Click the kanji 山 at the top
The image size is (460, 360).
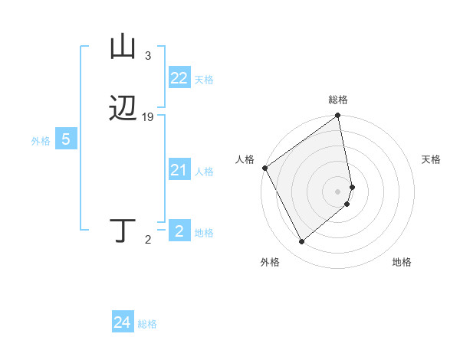coord(123,47)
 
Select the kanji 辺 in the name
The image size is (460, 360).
coord(123,110)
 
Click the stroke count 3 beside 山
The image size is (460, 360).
coord(148,56)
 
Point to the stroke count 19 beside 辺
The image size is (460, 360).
coord(148,117)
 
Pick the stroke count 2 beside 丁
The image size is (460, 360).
coord(148,241)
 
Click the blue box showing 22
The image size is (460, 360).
coord(179,78)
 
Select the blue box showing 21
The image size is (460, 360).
coord(179,171)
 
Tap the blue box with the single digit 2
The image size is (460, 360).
coord(179,231)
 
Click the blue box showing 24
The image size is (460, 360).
coord(122,323)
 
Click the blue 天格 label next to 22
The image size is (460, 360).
coord(204,80)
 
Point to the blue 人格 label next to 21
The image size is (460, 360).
coord(204,172)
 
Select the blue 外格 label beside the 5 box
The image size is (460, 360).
coord(40,141)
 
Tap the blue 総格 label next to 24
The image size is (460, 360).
coord(147,324)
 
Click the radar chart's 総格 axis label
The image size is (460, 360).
coord(338,100)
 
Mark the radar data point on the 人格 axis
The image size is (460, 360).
coord(264,168)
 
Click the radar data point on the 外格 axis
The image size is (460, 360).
coord(301,242)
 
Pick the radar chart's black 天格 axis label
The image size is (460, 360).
coord(432,159)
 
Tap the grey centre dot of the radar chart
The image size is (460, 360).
coord(338,191)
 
